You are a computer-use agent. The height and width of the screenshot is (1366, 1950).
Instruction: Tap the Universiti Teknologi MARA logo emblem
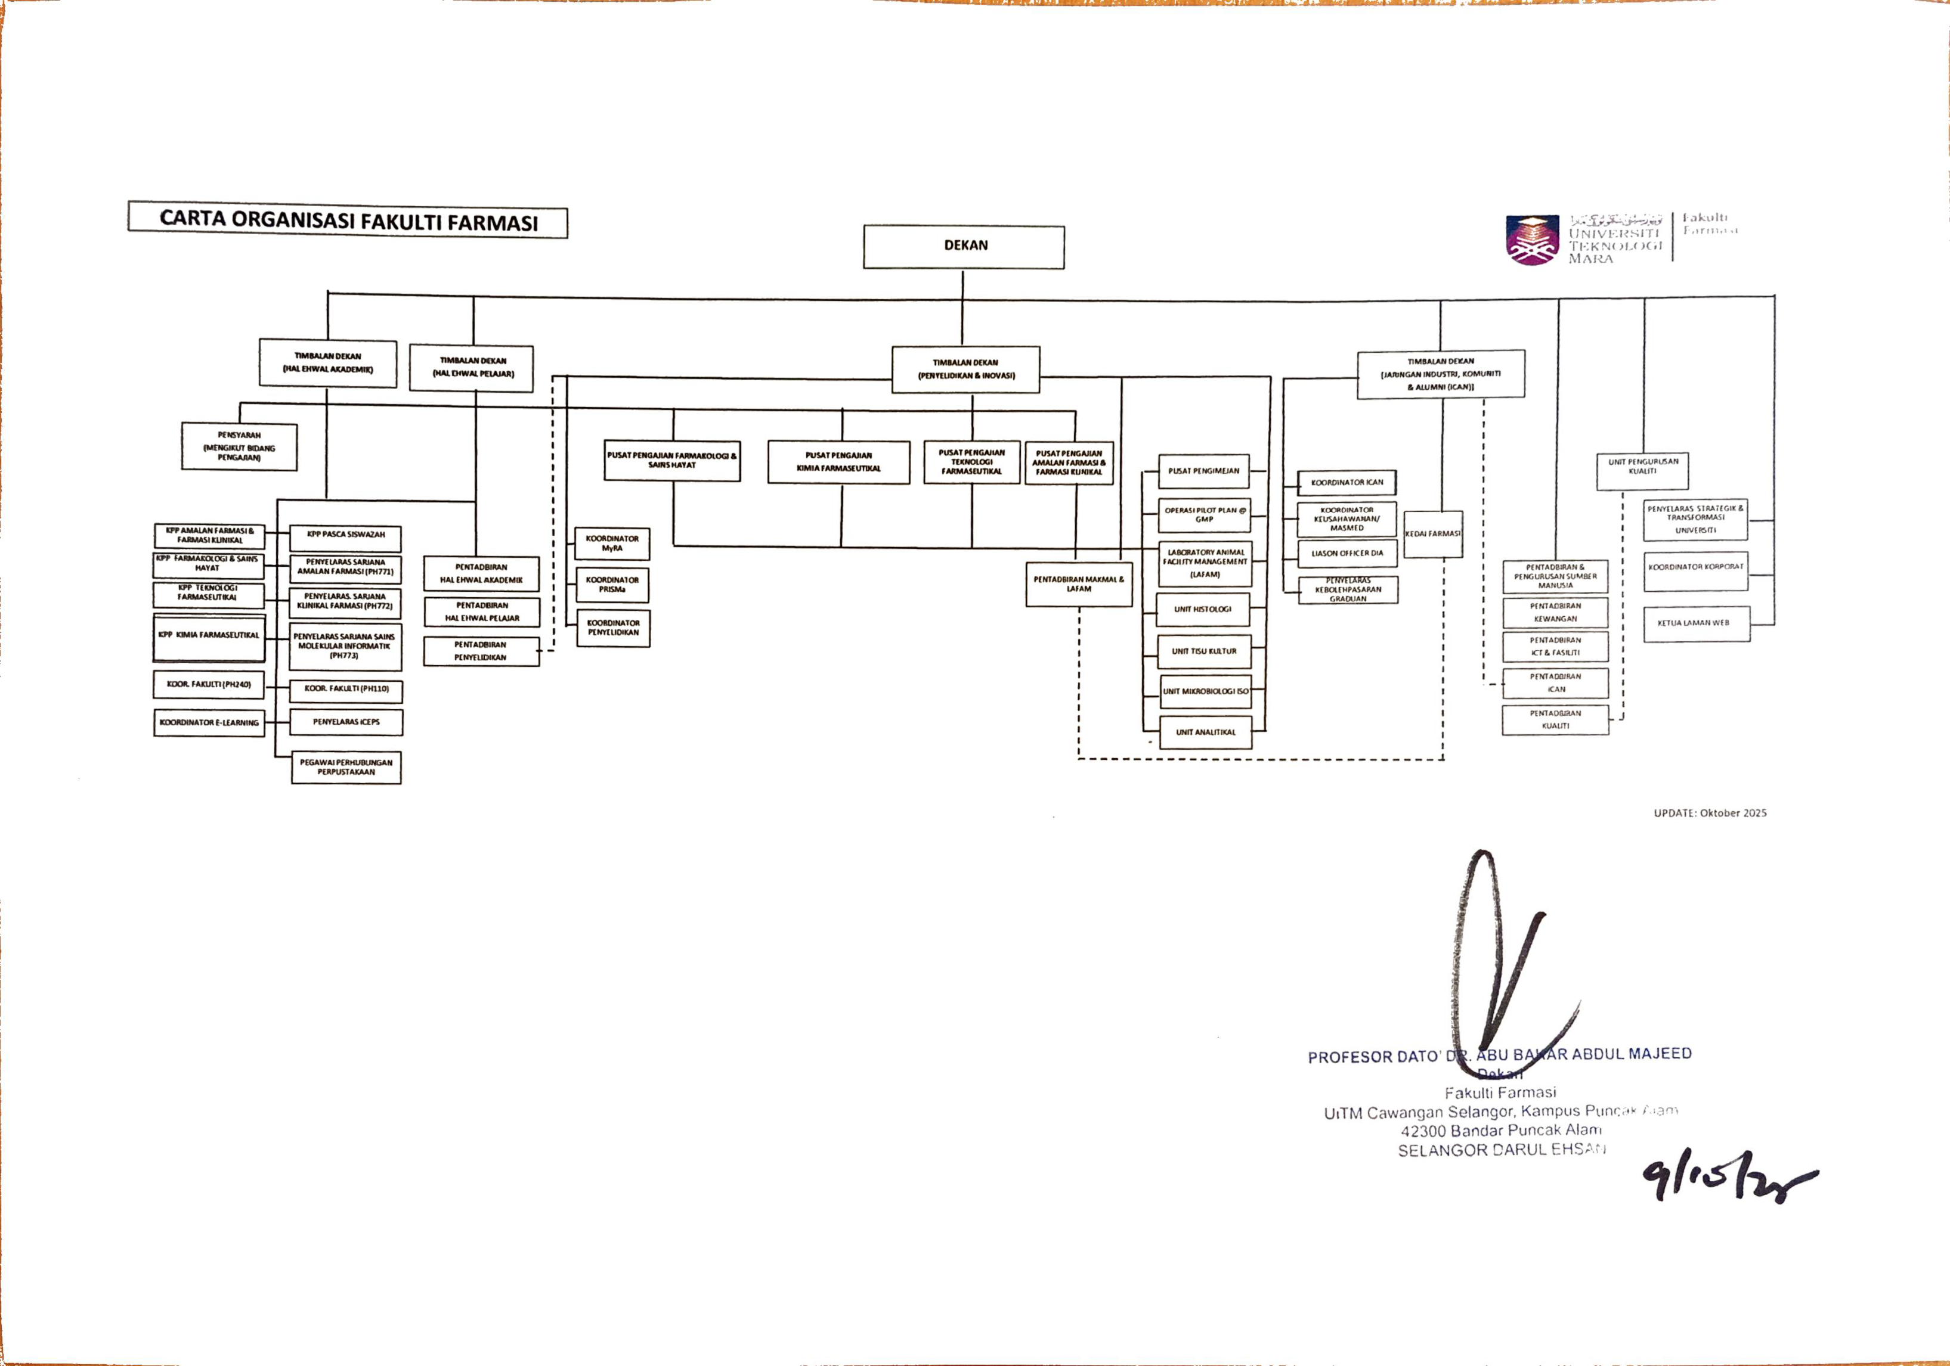pyautogui.click(x=1532, y=240)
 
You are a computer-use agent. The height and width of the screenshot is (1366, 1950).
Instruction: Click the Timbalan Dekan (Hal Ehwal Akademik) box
pyautogui.click(x=328, y=364)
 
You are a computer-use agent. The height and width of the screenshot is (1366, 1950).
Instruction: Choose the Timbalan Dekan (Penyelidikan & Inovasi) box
pyautogui.click(x=965, y=370)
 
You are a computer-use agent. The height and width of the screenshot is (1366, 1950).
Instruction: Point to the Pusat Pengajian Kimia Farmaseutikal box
pyautogui.click(x=838, y=462)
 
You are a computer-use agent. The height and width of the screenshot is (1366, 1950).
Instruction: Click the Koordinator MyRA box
pyautogui.click(x=612, y=544)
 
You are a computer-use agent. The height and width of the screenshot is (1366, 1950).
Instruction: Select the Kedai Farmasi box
pyautogui.click(x=1433, y=534)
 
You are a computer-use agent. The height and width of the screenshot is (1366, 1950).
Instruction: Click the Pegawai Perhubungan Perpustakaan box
pyautogui.click(x=346, y=768)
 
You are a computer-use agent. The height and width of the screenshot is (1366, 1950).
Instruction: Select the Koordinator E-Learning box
pyautogui.click(x=209, y=722)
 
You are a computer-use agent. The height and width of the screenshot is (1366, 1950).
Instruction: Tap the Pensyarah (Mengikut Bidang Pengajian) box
pyautogui.click(x=240, y=446)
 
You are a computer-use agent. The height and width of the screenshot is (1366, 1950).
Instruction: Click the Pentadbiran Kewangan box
pyautogui.click(x=1555, y=612)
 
